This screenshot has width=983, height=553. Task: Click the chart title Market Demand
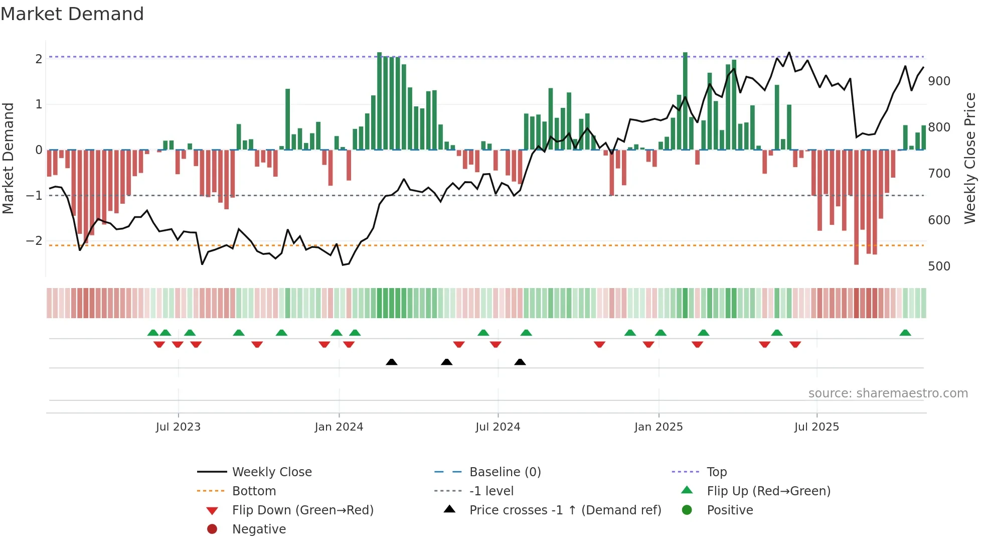(x=72, y=14)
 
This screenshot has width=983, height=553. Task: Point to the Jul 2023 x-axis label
(x=178, y=427)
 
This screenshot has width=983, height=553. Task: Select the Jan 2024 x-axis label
(x=339, y=427)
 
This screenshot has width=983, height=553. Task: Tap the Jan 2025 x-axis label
(x=658, y=427)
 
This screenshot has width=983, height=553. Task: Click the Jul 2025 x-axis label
(x=816, y=427)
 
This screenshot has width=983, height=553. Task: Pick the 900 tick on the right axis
(x=939, y=81)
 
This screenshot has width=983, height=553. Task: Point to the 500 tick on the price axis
(x=939, y=266)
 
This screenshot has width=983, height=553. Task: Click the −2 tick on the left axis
(x=34, y=241)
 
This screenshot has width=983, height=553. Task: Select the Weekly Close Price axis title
(x=970, y=158)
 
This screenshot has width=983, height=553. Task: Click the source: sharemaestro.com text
(x=888, y=393)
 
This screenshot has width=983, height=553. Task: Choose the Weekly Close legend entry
(x=271, y=472)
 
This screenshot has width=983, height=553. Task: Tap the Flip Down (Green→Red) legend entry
(x=302, y=510)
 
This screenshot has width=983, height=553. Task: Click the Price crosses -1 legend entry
(x=565, y=510)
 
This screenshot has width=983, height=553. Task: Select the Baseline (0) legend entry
(x=505, y=472)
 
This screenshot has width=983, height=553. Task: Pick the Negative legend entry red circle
(x=212, y=529)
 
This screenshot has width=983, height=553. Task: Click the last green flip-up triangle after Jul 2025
(x=905, y=333)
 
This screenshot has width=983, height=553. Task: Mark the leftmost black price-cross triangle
(x=392, y=362)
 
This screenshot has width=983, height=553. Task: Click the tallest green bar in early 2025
(x=685, y=100)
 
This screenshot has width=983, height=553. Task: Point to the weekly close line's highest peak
(x=789, y=53)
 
